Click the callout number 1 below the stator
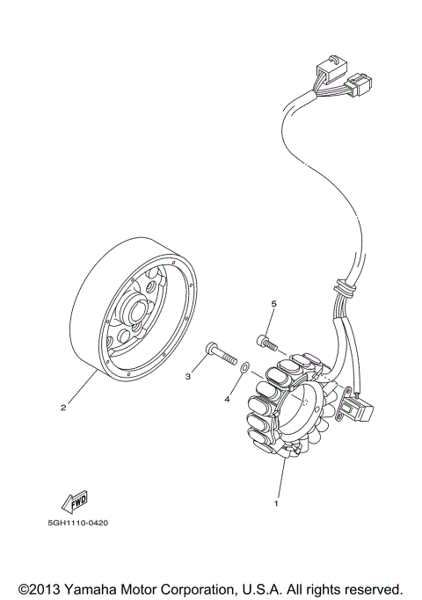(277, 504)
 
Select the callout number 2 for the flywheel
(63, 407)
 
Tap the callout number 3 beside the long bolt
(187, 376)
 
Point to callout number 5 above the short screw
(273, 304)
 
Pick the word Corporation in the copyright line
(208, 588)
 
